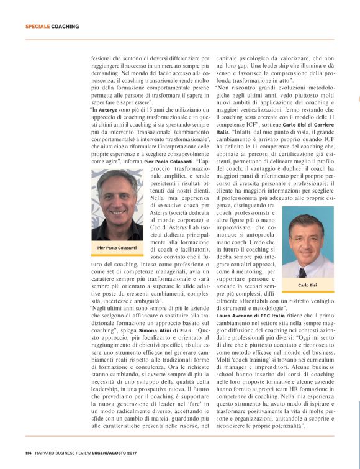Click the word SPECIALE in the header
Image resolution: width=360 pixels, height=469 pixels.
point(37,27)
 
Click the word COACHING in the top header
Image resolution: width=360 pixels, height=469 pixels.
point(65,27)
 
